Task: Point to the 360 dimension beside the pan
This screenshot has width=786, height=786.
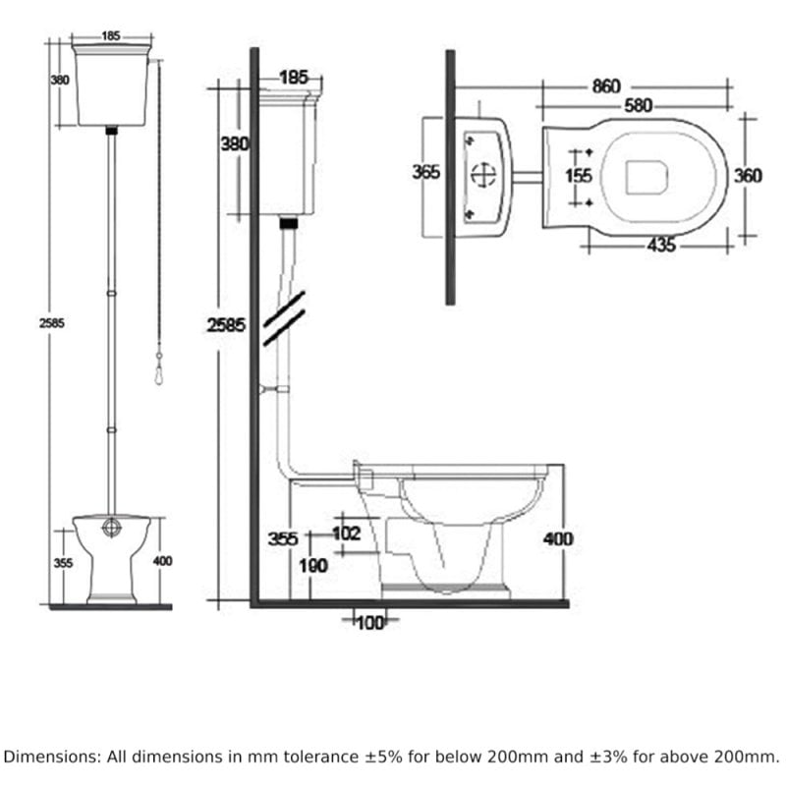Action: pos(748,176)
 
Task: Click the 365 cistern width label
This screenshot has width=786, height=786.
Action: pos(426,172)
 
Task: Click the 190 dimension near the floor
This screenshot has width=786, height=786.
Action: pos(314,566)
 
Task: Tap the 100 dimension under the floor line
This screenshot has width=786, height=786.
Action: pos(370,621)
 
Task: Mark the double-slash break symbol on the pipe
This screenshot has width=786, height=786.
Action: pos(283,317)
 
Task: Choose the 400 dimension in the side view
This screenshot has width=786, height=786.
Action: pos(557,538)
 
